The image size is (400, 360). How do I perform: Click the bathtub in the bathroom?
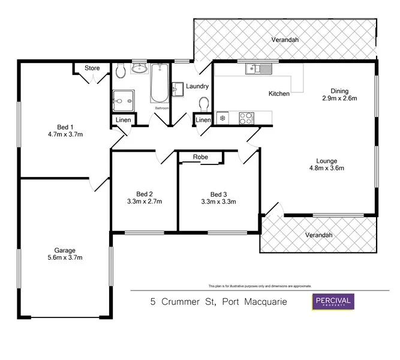click(x=160, y=84)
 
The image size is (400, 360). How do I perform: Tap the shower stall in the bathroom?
click(x=124, y=100)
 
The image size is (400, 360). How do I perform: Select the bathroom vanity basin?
click(x=140, y=68)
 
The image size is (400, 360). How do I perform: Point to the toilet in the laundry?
click(x=203, y=104)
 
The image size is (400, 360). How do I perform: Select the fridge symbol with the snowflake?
click(x=223, y=118)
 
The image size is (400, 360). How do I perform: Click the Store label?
click(x=92, y=68)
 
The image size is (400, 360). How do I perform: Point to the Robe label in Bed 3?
click(x=200, y=157)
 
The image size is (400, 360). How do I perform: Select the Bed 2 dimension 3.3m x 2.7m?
click(x=144, y=202)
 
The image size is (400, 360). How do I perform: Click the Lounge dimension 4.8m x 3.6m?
click(x=327, y=168)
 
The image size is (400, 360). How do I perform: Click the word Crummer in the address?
click(x=179, y=302)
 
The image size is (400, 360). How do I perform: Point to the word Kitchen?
click(x=279, y=94)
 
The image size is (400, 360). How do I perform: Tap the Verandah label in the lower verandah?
click(x=318, y=235)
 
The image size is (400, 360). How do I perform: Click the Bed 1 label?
click(x=65, y=127)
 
